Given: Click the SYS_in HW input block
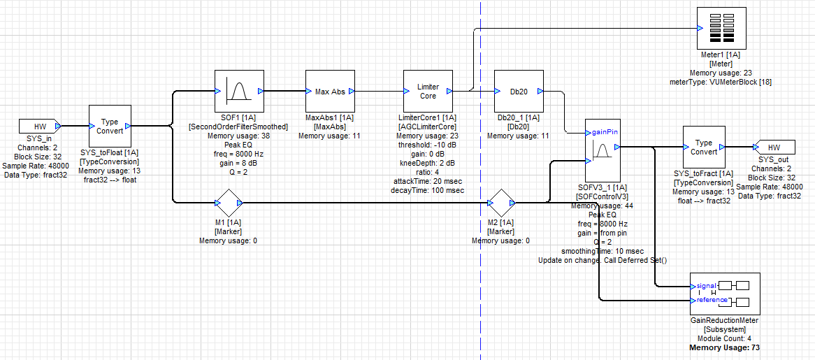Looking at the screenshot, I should pos(38,127).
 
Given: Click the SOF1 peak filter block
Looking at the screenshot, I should pos(238,91).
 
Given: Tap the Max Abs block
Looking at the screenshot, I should pos(330,91).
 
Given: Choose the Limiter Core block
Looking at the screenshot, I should pos(428,91).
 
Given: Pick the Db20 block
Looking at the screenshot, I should pos(519,91).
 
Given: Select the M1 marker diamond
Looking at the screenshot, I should pos(227,203).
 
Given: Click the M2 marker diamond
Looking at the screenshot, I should pos(500,203).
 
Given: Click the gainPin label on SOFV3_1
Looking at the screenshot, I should pos(603,131).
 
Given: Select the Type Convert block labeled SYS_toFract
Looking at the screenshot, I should pos(703,147).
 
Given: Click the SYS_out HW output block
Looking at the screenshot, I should pos(773,147).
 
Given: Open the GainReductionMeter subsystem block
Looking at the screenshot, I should pos(724,294).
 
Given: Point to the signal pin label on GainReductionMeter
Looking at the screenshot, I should pos(707,285).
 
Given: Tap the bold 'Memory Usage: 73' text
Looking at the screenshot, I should pos(724,347).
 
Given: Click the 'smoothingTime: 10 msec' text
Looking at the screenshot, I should pos(602,251).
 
